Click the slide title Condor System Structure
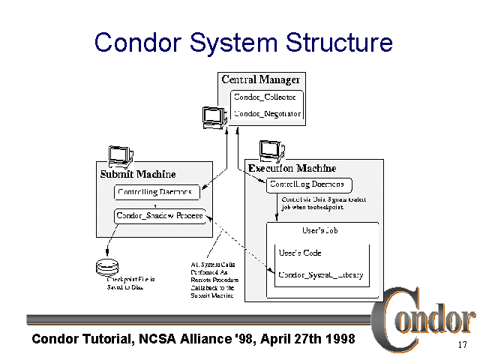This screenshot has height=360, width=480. tap(243, 42)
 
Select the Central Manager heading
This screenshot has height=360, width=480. tap(260, 79)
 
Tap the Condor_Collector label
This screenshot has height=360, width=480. tap(267, 97)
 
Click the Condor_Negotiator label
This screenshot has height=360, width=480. tap(267, 114)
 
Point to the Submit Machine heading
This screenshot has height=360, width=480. tap(138, 174)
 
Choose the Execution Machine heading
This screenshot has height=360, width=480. tap(292, 168)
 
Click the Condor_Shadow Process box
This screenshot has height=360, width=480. tap(159, 215)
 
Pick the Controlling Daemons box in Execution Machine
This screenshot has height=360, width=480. tap(308, 184)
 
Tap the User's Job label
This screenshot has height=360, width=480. tap(320, 230)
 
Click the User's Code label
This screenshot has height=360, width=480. tap(299, 253)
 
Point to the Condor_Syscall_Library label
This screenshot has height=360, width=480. tap(320, 275)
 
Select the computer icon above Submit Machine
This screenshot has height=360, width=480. tap(120, 154)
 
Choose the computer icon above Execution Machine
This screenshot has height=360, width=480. tap(270, 150)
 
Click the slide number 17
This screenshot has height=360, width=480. tap(462, 346)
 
